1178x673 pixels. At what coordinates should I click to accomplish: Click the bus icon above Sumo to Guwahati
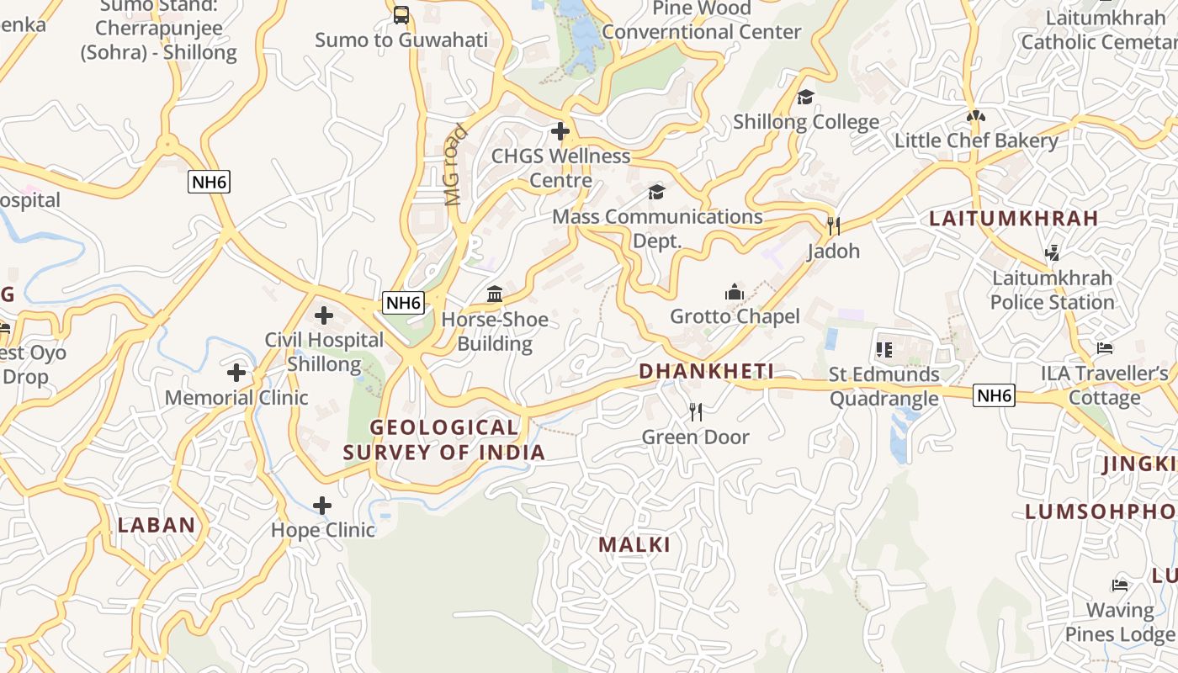point(401,14)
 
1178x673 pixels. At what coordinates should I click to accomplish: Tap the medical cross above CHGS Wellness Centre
point(560,130)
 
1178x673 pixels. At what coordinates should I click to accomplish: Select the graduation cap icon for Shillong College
point(806,97)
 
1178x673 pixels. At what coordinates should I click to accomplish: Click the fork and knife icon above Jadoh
point(833,225)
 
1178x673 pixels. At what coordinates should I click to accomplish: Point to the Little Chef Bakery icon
point(976,116)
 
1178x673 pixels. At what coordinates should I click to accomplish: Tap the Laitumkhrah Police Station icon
point(1051,252)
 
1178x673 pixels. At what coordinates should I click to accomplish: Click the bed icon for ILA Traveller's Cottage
point(1105,348)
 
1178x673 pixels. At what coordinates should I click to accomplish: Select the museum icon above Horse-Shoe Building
point(495,294)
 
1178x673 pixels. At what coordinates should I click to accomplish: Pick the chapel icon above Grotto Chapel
point(735,292)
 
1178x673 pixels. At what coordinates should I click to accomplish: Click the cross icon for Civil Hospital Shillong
point(324,315)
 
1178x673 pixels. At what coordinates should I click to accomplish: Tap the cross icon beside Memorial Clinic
point(236,372)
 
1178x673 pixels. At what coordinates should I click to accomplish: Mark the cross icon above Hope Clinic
point(322,506)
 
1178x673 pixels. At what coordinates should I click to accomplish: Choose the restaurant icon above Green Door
point(695,411)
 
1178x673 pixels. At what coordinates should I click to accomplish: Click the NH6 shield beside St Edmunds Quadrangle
point(994,395)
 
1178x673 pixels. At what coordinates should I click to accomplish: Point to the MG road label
point(454,166)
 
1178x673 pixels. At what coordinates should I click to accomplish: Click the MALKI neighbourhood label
point(634,544)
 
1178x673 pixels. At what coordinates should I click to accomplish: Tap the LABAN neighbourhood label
point(157,525)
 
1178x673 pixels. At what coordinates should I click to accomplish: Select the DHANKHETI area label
point(706,371)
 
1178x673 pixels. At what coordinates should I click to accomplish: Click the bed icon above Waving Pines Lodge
point(1120,585)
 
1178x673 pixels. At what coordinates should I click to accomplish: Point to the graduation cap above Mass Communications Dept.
point(656,192)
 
